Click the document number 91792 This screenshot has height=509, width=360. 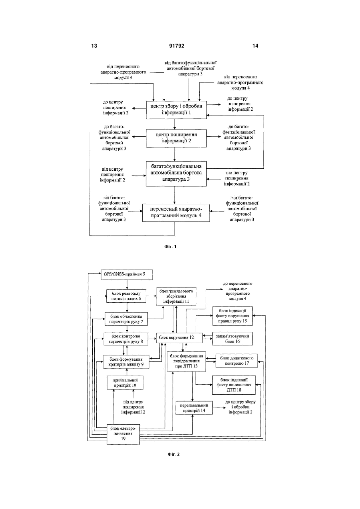coord(177,46)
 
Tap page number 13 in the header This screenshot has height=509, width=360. coord(94,46)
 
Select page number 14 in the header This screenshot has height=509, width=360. coord(255,46)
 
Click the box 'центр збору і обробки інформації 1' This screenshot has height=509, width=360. coord(176,110)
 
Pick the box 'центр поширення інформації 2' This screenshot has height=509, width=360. coord(176,138)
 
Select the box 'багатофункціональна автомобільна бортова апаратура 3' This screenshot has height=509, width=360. coord(176,174)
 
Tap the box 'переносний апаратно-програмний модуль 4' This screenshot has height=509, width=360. coord(176,213)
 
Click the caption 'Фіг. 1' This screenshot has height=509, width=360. coord(170,247)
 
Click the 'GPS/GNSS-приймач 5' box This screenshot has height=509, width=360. coord(127,275)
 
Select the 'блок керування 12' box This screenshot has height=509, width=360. coord(179,337)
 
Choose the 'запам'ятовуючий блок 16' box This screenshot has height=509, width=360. coord(233,339)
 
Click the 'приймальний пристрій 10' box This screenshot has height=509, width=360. coord(125,383)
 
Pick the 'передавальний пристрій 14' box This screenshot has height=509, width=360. coord(194,408)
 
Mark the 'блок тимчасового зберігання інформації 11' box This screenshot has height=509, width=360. coord(176,296)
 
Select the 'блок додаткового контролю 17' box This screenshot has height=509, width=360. coord(237,360)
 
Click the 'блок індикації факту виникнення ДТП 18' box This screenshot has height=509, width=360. coord(234,385)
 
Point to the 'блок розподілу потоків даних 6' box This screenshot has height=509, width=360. coord(126,296)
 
